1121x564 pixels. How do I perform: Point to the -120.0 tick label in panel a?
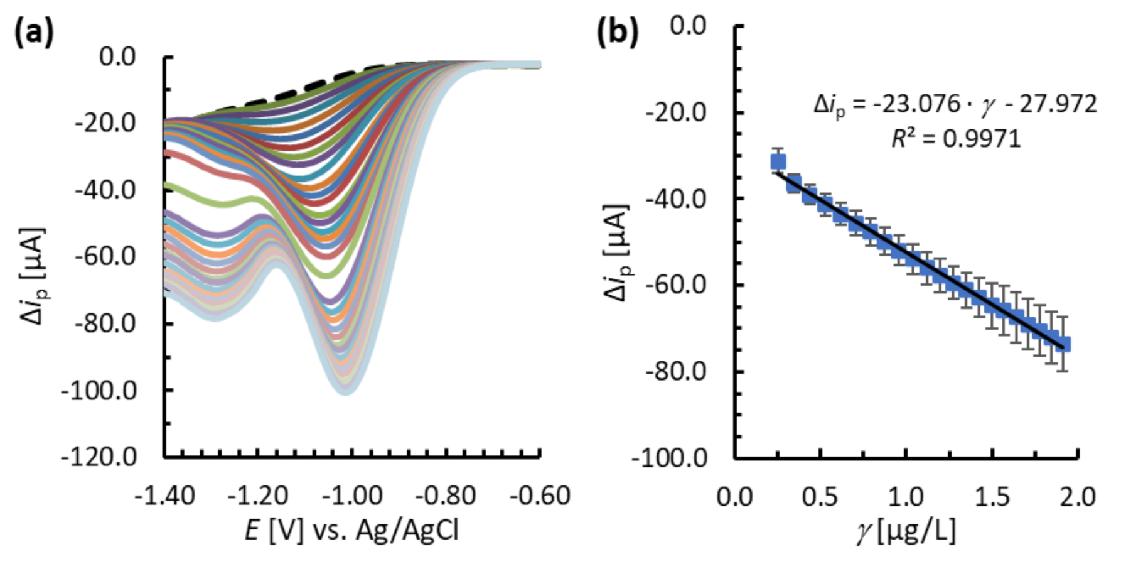click(99, 457)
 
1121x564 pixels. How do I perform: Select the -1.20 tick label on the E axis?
click(257, 496)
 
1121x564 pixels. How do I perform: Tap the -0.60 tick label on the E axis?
click(540, 496)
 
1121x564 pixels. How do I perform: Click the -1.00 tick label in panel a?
click(352, 496)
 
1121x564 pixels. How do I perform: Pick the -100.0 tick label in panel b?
click(668, 458)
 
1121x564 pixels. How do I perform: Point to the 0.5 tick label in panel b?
click(820, 497)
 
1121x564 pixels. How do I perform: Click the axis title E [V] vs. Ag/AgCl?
click(351, 531)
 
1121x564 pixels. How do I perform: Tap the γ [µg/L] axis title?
click(906, 531)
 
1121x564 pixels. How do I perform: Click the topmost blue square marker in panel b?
click(778, 162)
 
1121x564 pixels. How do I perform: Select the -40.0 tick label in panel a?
click(105, 189)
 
